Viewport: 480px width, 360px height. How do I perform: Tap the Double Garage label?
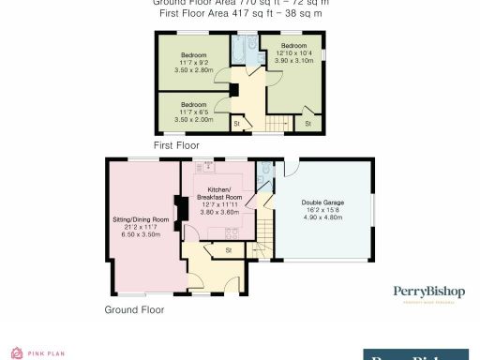pyautogui.click(x=322, y=202)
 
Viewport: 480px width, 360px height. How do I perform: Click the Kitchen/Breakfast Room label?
pyautogui.click(x=222, y=198)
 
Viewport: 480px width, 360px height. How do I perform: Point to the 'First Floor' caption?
pyautogui.click(x=177, y=145)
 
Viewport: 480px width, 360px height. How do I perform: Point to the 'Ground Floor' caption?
pyautogui.click(x=134, y=308)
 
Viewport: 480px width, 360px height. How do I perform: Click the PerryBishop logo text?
pyautogui.click(x=427, y=292)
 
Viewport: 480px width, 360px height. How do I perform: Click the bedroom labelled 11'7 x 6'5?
pyautogui.click(x=195, y=111)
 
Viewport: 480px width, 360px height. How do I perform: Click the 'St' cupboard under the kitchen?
pyautogui.click(x=229, y=249)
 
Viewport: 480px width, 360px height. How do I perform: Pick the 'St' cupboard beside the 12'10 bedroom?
pyautogui.click(x=307, y=123)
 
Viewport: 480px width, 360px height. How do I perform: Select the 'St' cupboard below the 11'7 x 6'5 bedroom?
pyautogui.click(x=237, y=123)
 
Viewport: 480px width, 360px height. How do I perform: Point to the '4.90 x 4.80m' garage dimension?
pyautogui.click(x=322, y=217)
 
